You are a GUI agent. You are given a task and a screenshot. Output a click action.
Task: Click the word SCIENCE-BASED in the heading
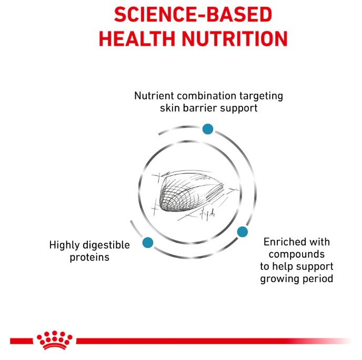(193, 14)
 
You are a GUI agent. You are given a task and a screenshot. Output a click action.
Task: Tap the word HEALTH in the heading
(144, 39)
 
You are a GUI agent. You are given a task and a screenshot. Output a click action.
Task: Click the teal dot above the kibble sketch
(208, 129)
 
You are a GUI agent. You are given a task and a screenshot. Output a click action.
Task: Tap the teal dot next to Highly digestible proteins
(147, 243)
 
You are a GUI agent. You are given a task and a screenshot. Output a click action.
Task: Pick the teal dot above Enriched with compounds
(242, 232)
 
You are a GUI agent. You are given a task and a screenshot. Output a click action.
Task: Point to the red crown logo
(54, 339)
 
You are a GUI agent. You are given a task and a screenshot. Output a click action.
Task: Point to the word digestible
(107, 245)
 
